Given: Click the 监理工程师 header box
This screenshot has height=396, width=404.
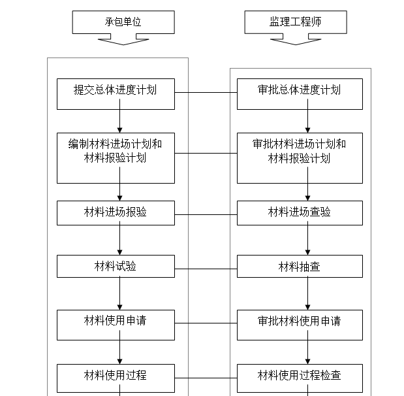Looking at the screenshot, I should pos(295,22).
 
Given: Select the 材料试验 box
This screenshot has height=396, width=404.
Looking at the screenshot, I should pos(116,267).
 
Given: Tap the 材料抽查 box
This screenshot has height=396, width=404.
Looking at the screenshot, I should pos(300,267).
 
